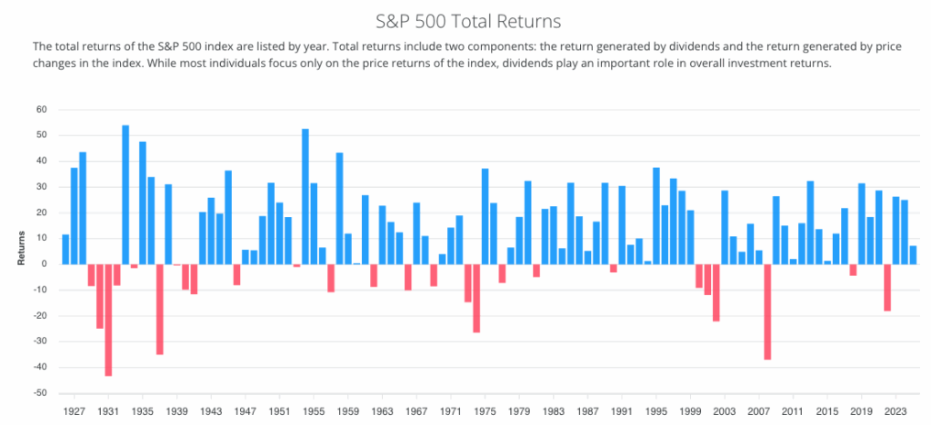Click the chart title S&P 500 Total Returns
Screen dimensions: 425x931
coord(465,19)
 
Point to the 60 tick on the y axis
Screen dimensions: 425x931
coord(42,110)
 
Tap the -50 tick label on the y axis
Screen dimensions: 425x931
coord(40,393)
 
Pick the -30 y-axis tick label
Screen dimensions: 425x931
coord(40,341)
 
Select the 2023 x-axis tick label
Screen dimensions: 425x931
coord(895,410)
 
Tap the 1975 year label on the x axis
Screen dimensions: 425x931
coord(485,410)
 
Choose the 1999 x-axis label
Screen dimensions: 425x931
coord(689,410)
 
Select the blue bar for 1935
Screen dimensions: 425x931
coord(143,203)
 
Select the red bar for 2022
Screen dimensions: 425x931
coord(886,287)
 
